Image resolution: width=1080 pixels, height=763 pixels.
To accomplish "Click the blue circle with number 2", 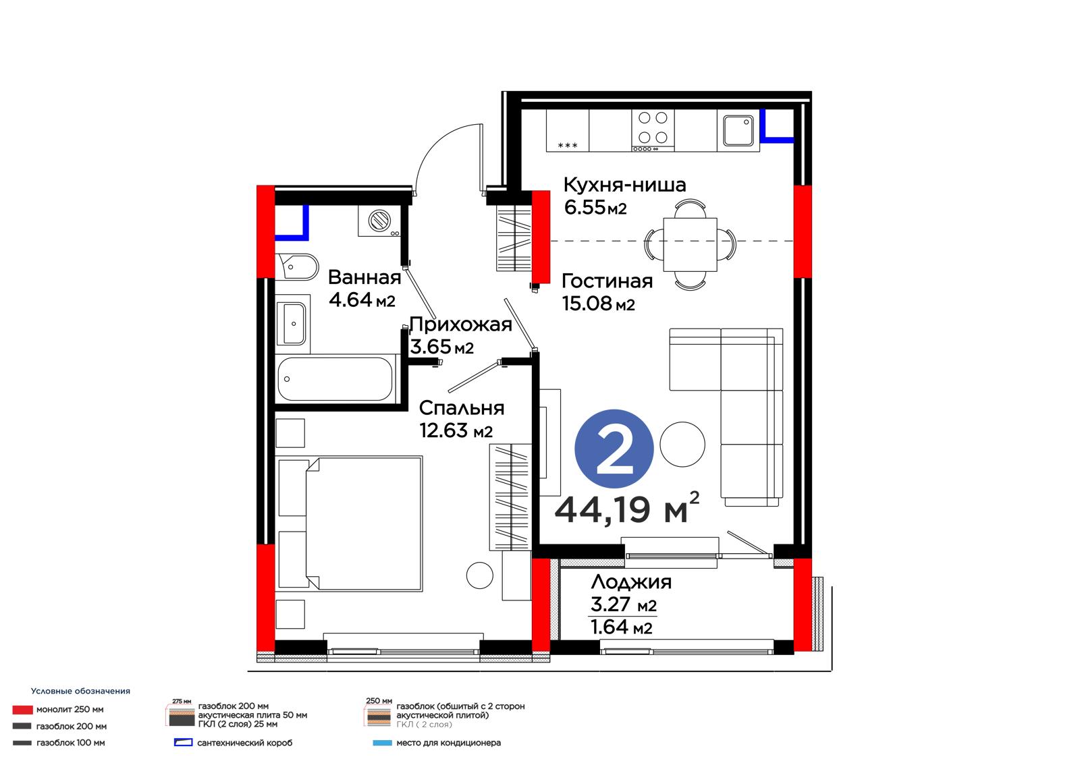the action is (x=614, y=449).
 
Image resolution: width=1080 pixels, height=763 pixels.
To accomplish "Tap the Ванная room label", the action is (x=364, y=278).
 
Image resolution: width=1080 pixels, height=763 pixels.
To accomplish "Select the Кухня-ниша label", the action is (x=624, y=185).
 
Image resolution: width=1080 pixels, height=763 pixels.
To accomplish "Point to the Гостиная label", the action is (x=607, y=281).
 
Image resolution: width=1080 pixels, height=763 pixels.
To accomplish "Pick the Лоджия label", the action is (x=631, y=582).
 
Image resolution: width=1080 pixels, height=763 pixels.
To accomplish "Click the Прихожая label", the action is (x=460, y=325).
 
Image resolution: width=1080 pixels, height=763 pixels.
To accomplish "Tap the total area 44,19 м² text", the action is (x=627, y=509).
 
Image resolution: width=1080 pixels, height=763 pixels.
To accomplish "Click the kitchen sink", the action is (x=738, y=130).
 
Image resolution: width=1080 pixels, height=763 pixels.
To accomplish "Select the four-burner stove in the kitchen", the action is (x=653, y=130).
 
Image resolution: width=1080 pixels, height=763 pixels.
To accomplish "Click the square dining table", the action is (x=690, y=245).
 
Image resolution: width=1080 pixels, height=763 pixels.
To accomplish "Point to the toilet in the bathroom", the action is (x=296, y=266).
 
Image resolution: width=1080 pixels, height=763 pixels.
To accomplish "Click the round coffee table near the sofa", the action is (x=682, y=445).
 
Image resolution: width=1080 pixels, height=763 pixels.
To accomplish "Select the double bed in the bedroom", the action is (x=364, y=524).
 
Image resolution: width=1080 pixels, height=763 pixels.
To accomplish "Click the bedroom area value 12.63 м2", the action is (x=456, y=431).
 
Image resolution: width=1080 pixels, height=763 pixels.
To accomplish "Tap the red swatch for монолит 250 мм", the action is (x=23, y=710).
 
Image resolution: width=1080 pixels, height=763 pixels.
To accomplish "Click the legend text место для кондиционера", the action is (x=448, y=743).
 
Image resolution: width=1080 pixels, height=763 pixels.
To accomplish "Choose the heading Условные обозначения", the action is (x=80, y=691).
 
